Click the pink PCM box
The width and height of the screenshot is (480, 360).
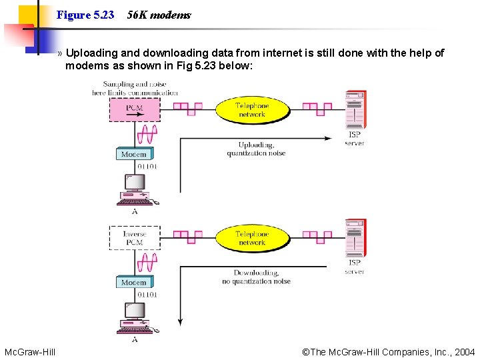tap(134, 109)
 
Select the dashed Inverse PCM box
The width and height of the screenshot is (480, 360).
tap(134, 238)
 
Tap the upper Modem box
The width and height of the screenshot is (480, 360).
tap(134, 154)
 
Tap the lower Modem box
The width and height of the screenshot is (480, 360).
tap(134, 282)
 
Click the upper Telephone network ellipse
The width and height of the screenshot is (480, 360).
tap(252, 110)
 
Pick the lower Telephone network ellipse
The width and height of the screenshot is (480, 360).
tap(252, 238)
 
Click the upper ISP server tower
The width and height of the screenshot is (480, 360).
tap(355, 110)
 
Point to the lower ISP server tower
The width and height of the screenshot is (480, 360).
tap(355, 239)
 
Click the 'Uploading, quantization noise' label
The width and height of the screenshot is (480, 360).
tap(256, 149)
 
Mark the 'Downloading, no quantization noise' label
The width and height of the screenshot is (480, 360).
tap(256, 277)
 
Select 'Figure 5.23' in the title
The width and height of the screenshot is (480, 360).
tap(85, 15)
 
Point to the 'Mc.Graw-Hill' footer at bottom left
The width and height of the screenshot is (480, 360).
tap(30, 351)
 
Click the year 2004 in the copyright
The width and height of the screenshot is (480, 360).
tap(465, 351)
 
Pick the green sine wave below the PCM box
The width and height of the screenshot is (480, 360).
tap(147, 133)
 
